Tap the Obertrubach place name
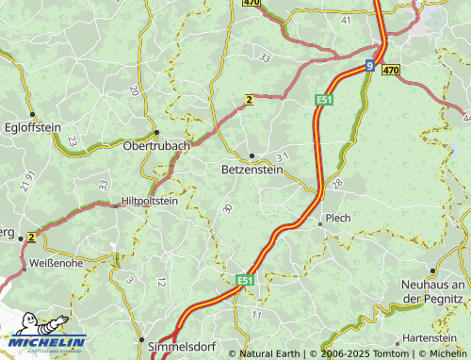pos(156,146)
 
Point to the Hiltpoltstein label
pos(150,201)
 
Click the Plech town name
pos(337,218)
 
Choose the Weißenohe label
pos(56,263)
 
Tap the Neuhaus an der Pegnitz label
pos(434,291)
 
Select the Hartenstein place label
pos(430,337)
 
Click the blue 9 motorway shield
pos(369,66)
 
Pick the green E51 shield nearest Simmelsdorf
pos(245,280)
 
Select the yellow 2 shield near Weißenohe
pos(31,237)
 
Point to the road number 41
pos(346,19)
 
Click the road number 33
pos(265,57)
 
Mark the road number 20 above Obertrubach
pos(134,90)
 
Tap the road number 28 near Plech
pos(337,182)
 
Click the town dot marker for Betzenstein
pos(252,155)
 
